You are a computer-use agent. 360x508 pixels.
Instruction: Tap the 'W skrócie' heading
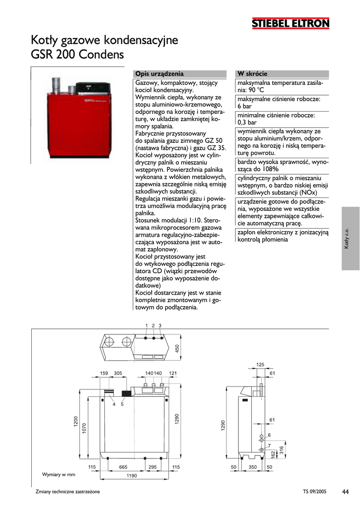point(252,74)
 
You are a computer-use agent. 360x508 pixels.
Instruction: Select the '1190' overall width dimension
point(131,476)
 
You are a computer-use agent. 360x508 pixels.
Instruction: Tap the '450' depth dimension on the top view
point(177,349)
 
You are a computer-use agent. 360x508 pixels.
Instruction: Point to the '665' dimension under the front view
point(123,467)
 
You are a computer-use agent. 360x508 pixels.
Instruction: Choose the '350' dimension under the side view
point(252,467)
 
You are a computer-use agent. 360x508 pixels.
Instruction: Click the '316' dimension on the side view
point(281,450)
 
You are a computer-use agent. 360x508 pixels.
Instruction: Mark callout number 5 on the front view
point(122,405)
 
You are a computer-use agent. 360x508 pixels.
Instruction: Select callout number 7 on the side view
point(269,445)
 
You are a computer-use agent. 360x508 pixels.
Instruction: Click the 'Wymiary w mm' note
point(59,475)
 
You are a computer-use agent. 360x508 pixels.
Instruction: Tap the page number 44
point(345,492)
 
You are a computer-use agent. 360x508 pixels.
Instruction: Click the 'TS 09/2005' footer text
point(314,492)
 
